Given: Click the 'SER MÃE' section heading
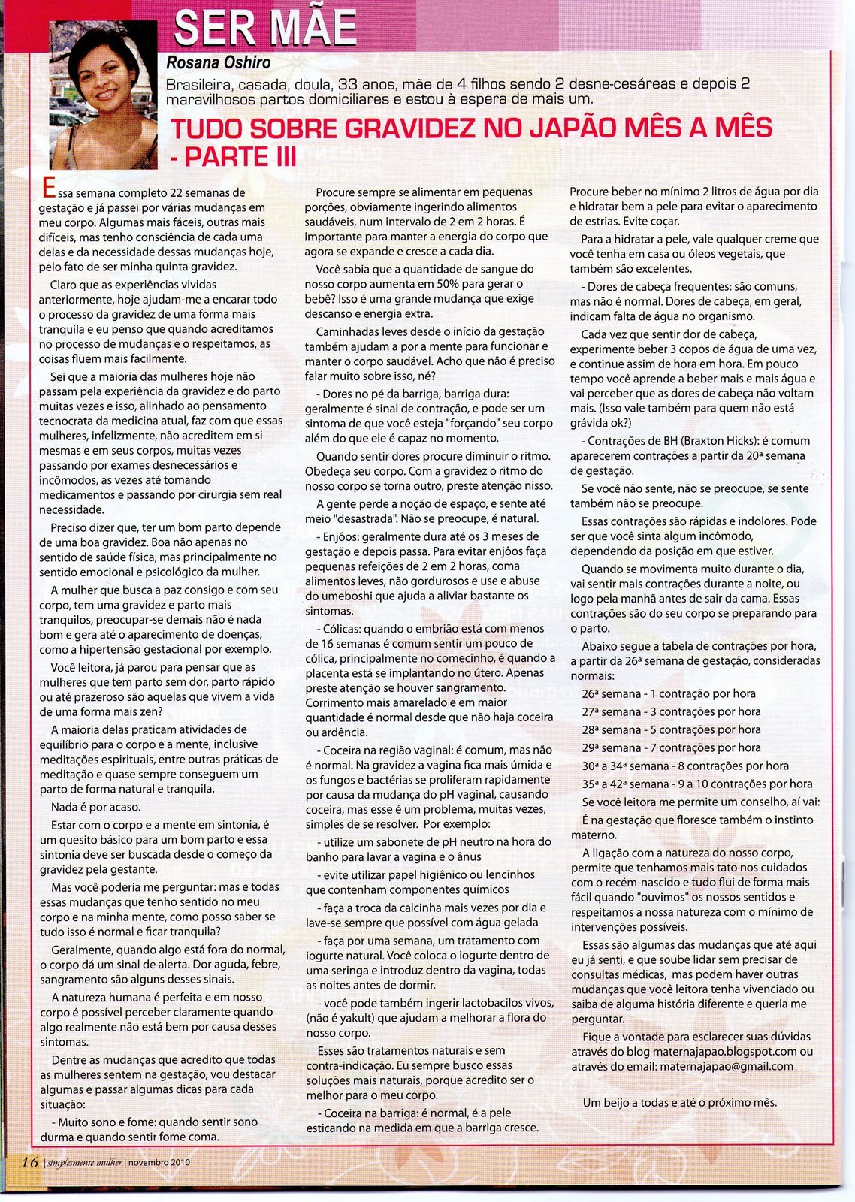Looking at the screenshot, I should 264,29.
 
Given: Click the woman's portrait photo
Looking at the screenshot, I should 104,94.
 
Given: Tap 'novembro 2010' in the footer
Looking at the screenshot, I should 159,1162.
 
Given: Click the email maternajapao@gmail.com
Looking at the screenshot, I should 726,1066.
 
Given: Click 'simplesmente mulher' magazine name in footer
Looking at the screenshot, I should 83,1162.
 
